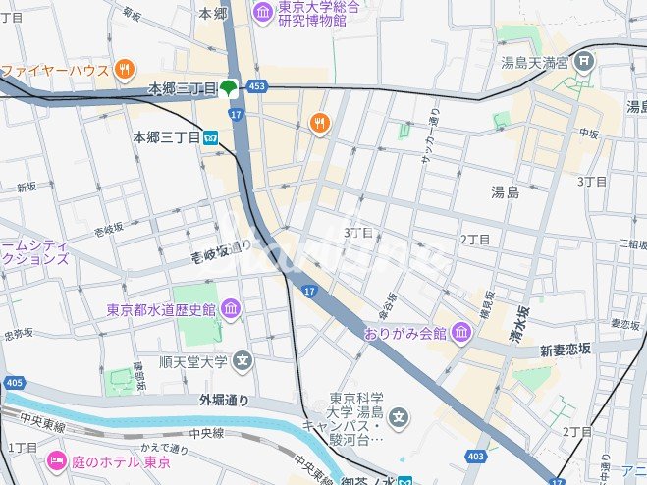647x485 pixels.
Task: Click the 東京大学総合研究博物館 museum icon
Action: pos(263,11)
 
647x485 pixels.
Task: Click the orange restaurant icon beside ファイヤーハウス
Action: pos(124,69)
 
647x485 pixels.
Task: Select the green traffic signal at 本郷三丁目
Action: pos(229,88)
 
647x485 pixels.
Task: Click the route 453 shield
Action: pos(256,88)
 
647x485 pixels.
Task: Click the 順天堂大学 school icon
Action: pos(243,360)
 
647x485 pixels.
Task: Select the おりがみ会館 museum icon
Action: pos(461,334)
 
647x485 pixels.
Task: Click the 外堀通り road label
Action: pos(223,400)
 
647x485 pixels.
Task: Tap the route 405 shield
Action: pos(14,382)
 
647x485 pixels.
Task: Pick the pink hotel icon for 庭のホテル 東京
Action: pos(56,461)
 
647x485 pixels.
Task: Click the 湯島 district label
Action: pos(506,192)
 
